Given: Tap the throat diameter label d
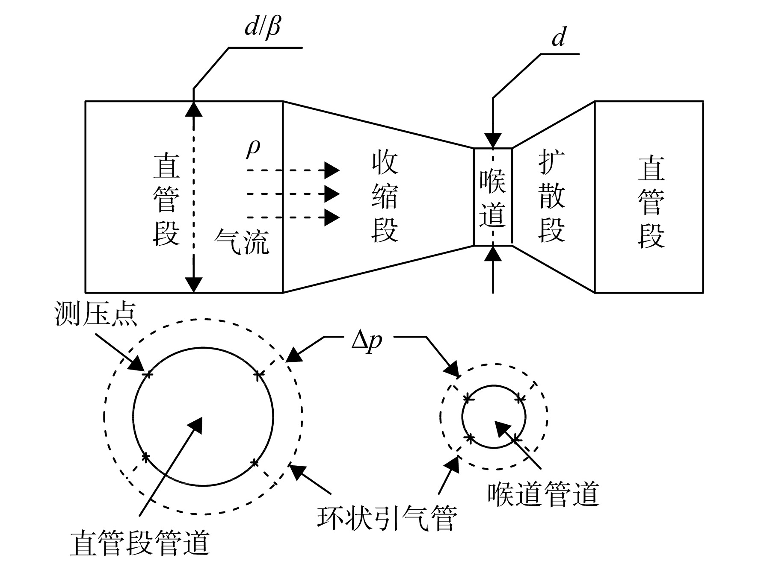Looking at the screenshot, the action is tap(559, 37).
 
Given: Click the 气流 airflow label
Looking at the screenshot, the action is tap(242, 241).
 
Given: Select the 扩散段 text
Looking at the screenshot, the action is tap(552, 197).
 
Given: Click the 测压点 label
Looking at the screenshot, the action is tap(96, 314).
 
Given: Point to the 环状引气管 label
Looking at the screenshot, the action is tap(387, 518).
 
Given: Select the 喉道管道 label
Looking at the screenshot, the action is tap(543, 494).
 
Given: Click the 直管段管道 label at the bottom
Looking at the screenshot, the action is tap(139, 543).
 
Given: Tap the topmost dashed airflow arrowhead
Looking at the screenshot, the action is tap(332, 170).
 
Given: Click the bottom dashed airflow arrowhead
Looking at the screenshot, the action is tap(332, 217).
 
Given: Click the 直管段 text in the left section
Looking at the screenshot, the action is tap(166, 200).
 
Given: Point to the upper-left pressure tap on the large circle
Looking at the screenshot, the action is tap(148, 375).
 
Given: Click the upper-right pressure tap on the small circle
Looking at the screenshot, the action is tap(519, 399).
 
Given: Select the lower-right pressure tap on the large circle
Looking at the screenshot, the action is tap(255, 462).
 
